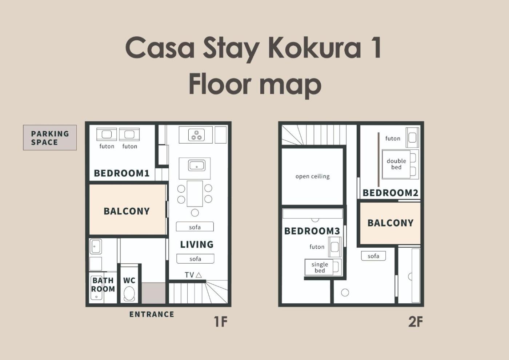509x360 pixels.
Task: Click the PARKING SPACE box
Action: point(50,137)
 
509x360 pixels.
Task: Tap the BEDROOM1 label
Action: point(122,173)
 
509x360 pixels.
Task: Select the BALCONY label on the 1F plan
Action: point(127,211)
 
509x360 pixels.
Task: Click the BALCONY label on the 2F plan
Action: point(390,223)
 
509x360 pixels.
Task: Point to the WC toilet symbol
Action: point(129,294)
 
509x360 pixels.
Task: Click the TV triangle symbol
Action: point(199,275)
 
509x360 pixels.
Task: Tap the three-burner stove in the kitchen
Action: point(196,135)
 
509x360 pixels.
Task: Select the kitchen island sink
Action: point(197,165)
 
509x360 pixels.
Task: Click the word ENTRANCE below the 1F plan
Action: point(152,314)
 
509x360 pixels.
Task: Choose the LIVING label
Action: point(197,244)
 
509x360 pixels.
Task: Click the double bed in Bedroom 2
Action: point(400,164)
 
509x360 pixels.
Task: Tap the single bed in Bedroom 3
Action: point(323,267)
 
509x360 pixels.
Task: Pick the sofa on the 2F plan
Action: point(373,256)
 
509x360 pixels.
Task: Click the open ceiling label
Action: point(312,176)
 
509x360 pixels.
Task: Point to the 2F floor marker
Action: point(415,321)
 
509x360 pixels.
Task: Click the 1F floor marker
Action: point(221,321)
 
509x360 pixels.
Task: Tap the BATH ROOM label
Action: point(103,285)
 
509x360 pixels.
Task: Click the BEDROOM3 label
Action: point(312,231)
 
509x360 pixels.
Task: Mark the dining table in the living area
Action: point(195,193)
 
